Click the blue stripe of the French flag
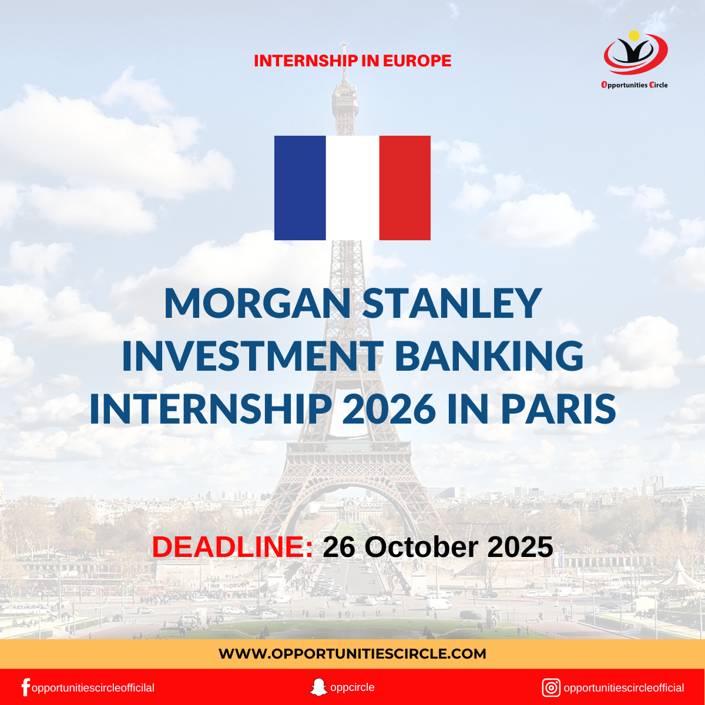point(300,188)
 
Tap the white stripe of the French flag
point(352,188)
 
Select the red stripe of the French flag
point(405,188)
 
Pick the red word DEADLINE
point(233,547)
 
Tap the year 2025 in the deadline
point(520,547)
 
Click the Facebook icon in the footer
point(25,687)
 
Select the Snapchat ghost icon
point(318,687)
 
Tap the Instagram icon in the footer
point(551,687)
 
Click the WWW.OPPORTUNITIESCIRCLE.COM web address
point(352,654)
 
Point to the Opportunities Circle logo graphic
point(635,54)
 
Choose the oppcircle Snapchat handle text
point(352,687)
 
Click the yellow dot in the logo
point(634,36)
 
